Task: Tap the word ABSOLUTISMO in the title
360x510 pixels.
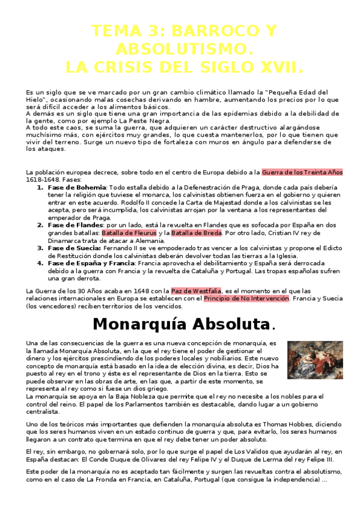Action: pyautogui.click(x=179, y=48)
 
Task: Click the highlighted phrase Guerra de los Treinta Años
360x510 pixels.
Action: pyautogui.click(x=303, y=172)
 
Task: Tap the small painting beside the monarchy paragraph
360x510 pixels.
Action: pyautogui.click(x=315, y=360)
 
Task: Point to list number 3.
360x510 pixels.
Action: pyautogui.click(x=40, y=247)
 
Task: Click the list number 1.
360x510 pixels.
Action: pyautogui.click(x=40, y=188)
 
